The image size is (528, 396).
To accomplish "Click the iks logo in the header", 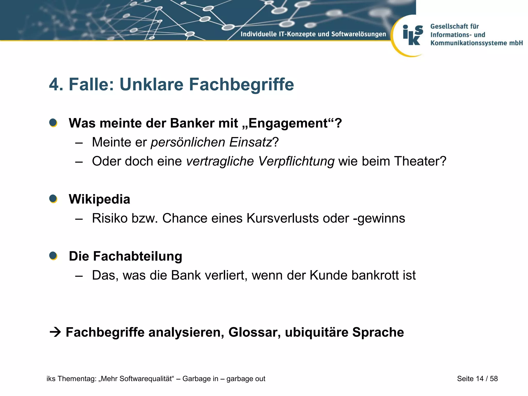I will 413,35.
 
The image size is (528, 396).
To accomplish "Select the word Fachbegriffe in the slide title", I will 241,85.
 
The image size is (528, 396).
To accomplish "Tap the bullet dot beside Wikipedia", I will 53,199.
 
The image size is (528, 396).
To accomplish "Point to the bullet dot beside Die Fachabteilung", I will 53,256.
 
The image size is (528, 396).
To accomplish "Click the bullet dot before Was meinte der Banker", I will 53,123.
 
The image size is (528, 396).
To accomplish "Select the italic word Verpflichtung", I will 296,161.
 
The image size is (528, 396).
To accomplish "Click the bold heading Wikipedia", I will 99,199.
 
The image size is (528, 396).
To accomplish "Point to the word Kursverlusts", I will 283,218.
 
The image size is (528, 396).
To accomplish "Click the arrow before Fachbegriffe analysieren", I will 55,332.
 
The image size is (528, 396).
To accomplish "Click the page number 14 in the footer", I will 480,379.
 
